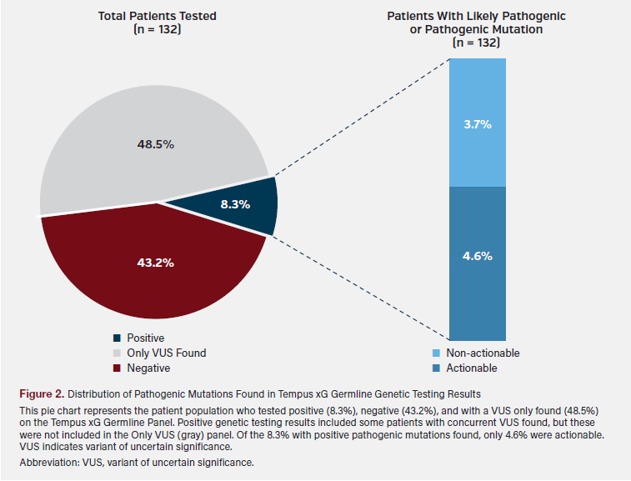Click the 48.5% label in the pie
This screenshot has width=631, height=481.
(x=155, y=144)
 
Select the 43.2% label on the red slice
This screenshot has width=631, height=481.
(x=155, y=263)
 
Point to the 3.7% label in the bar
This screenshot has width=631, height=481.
(x=478, y=124)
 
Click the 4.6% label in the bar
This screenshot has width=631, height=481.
(x=478, y=256)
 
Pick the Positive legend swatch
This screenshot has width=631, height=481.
(x=118, y=338)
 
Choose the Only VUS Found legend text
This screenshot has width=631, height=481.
(x=166, y=353)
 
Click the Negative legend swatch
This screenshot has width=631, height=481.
(x=118, y=368)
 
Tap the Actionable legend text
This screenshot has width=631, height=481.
(x=472, y=368)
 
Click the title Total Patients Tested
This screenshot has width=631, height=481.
(x=157, y=16)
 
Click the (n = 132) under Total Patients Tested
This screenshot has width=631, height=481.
(x=157, y=29)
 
